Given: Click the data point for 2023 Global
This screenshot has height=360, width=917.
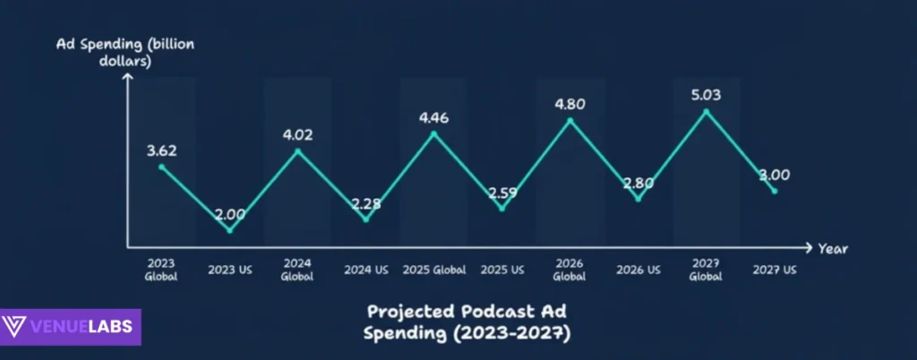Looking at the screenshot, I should [x=162, y=167].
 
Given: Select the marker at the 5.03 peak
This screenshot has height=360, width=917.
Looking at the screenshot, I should [x=707, y=112].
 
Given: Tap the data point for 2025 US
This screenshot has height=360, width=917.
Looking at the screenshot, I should [x=502, y=209].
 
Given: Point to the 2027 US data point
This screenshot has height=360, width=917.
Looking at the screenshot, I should [x=775, y=190].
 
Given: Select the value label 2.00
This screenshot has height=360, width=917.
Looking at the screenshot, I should [x=229, y=214].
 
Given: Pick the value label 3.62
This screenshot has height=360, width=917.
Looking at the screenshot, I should [x=162, y=150].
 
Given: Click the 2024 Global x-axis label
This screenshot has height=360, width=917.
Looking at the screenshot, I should [x=297, y=270].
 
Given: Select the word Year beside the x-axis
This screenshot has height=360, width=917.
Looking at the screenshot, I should [x=832, y=248].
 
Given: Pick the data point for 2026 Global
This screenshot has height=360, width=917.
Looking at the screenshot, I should [x=570, y=119].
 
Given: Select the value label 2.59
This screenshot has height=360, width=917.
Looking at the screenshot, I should [x=502, y=193].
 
